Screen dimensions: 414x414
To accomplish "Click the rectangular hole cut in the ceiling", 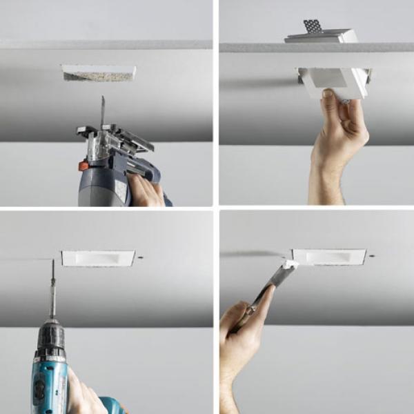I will click(99, 73).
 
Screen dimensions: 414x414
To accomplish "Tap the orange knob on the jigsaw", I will click(83, 166).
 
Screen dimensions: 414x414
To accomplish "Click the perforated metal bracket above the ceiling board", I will click(313, 26).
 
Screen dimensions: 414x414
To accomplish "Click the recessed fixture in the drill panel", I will click(98, 258).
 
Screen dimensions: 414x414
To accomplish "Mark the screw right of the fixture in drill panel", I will click(141, 257).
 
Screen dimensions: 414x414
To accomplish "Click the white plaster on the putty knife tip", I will click(290, 264).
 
